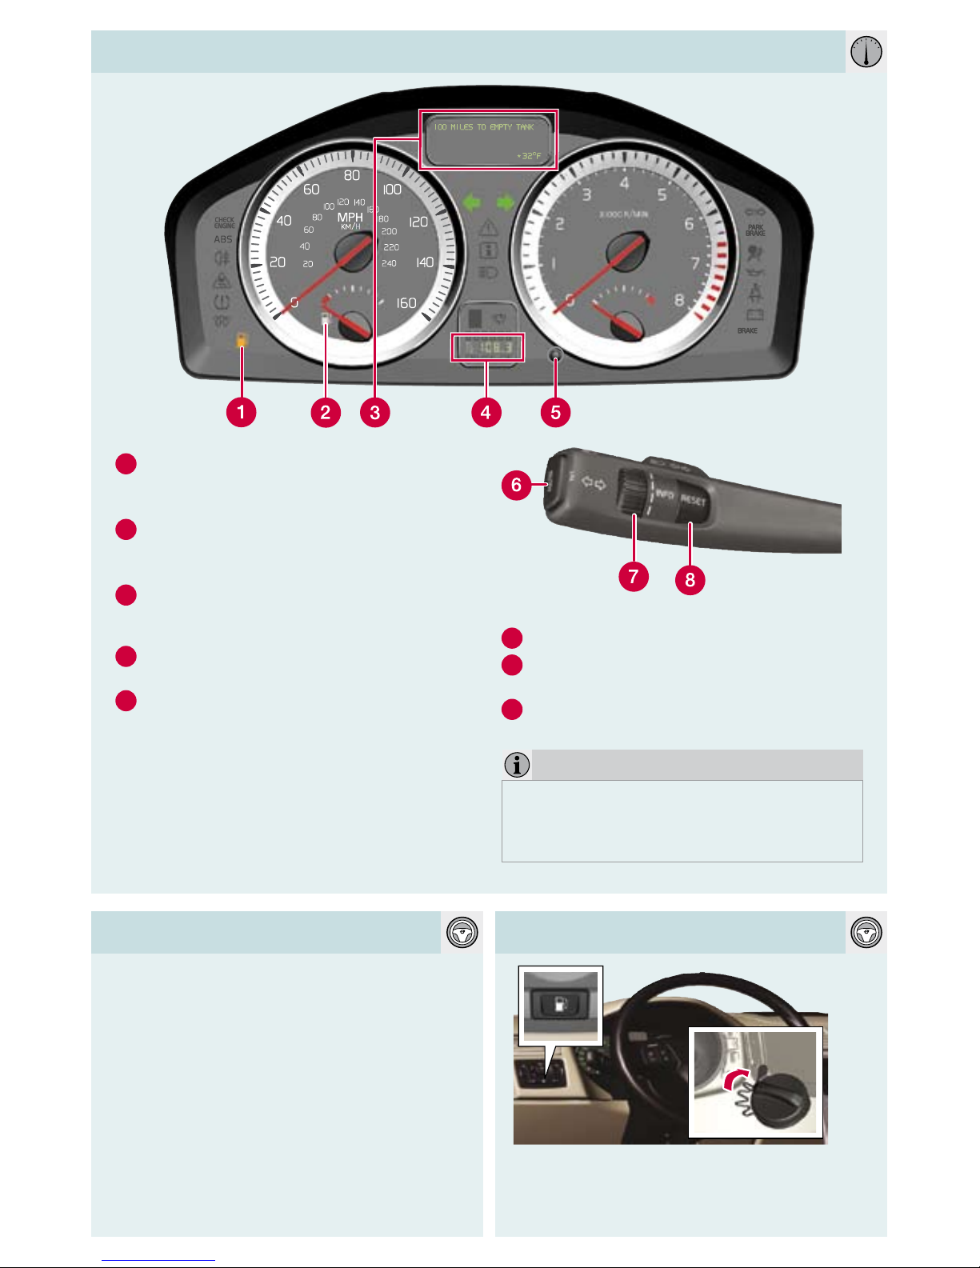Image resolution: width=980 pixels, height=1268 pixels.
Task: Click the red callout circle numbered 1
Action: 241,413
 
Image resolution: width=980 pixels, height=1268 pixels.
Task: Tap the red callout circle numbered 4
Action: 486,413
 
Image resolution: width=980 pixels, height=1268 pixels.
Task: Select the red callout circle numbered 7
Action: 633,576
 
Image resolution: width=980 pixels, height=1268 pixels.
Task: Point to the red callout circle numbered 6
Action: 516,485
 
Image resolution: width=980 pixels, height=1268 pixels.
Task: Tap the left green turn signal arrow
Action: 472,203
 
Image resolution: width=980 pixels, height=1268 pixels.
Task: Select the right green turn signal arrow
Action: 505,203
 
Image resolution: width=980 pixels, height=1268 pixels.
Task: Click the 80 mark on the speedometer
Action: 352,176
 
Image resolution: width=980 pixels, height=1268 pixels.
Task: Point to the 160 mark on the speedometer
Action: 406,303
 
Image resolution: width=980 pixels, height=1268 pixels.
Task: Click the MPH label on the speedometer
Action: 350,217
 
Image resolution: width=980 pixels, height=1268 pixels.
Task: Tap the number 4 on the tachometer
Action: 624,183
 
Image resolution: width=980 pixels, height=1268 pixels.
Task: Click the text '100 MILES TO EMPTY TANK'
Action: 484,127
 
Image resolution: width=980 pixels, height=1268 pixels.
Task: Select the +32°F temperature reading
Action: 529,156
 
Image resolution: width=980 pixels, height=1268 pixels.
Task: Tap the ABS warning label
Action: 223,239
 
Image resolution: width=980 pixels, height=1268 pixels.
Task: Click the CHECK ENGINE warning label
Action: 224,222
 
